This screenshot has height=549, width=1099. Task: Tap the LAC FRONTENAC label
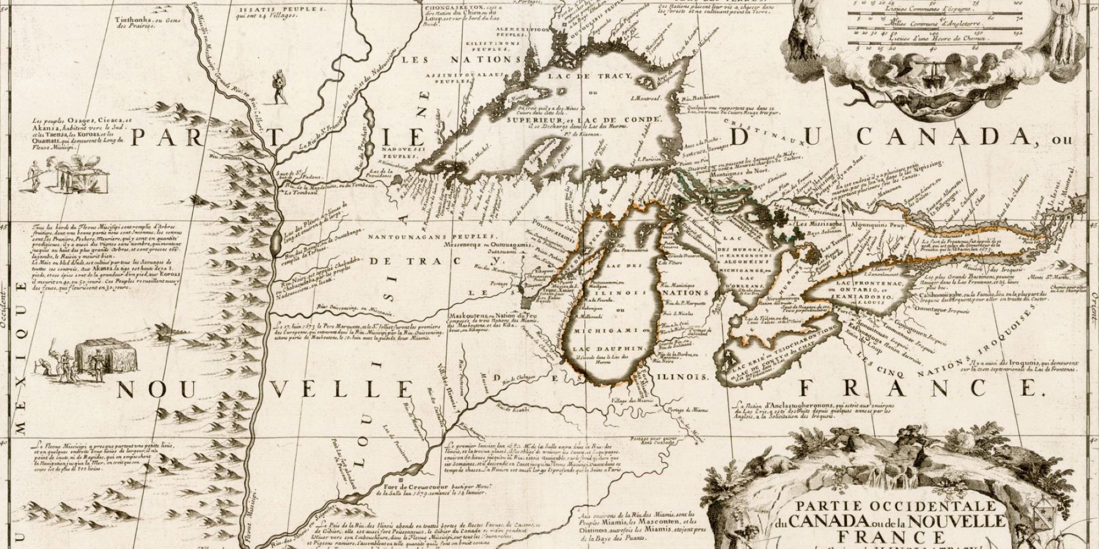[861, 282]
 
